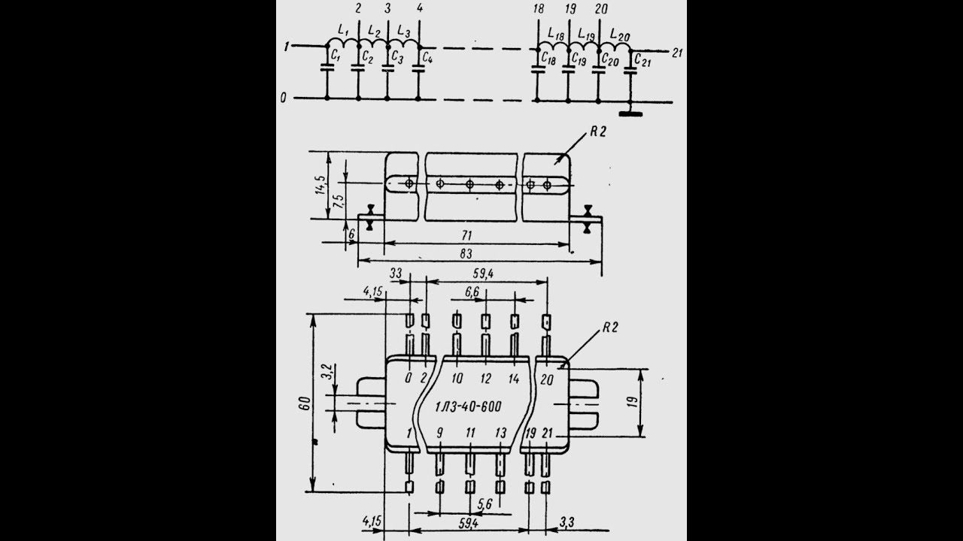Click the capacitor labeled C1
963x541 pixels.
327,67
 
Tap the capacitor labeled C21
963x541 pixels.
630,71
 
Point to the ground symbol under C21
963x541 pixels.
630,113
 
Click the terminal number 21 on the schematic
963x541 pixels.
677,53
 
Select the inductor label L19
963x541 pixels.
586,34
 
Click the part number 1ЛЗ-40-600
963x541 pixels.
468,407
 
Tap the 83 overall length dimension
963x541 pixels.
466,254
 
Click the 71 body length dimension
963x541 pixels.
467,235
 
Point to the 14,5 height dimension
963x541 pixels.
320,185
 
